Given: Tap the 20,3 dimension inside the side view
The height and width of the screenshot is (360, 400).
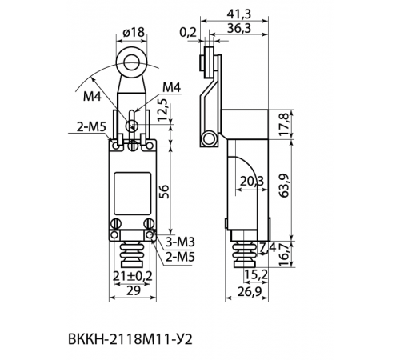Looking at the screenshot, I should [251, 182].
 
